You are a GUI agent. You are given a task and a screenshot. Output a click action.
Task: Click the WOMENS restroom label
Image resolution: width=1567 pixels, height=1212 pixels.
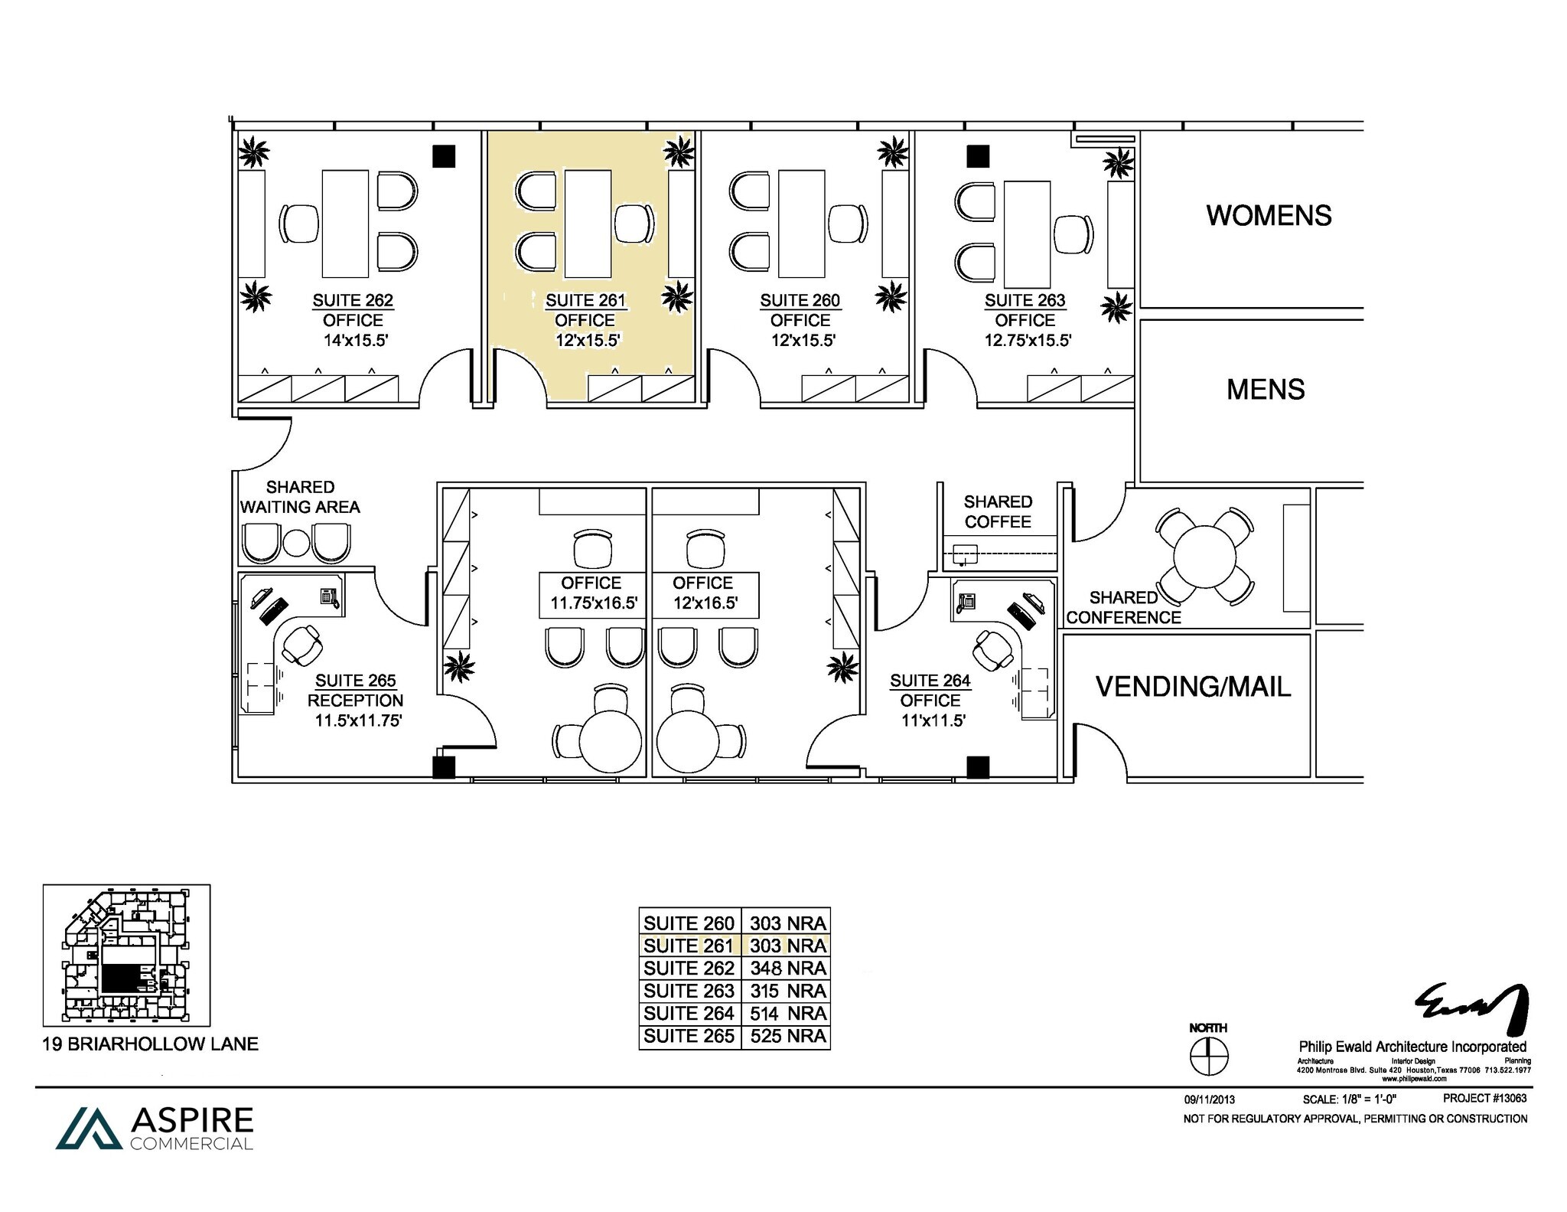pyautogui.click(x=1269, y=215)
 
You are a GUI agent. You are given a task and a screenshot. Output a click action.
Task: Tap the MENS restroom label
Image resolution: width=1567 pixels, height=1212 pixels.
pyautogui.click(x=1266, y=390)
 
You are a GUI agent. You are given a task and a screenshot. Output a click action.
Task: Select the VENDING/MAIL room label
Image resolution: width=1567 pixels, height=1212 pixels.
pyautogui.click(x=1193, y=686)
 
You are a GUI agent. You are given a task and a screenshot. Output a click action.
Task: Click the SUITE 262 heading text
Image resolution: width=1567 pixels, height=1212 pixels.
pyautogui.click(x=353, y=300)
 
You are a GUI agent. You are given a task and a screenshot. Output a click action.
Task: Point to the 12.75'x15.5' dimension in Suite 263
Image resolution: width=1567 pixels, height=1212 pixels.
pyautogui.click(x=1027, y=340)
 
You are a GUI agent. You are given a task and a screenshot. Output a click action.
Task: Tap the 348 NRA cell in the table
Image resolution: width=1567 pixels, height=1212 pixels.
pyautogui.click(x=787, y=968)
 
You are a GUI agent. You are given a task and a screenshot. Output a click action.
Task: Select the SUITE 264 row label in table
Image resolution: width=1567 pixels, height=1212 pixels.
pyautogui.click(x=689, y=1013)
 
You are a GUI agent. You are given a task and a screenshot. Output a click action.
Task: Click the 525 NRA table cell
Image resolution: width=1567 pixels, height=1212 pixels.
pyautogui.click(x=787, y=1036)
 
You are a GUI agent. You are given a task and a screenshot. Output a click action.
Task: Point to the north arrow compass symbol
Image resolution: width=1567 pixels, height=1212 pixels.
pyautogui.click(x=1209, y=1057)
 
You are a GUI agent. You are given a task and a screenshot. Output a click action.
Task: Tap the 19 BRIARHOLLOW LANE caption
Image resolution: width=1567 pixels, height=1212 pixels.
pyautogui.click(x=150, y=1044)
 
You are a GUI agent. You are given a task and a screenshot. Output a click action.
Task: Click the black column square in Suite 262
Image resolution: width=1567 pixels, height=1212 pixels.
pyautogui.click(x=444, y=156)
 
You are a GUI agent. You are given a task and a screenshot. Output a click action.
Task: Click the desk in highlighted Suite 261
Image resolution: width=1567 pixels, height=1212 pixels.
pyautogui.click(x=588, y=224)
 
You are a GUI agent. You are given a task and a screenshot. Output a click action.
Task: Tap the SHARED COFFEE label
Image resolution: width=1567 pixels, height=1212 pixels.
pyautogui.click(x=998, y=511)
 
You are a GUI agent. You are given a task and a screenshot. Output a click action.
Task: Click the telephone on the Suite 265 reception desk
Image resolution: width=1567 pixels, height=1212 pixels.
pyautogui.click(x=330, y=596)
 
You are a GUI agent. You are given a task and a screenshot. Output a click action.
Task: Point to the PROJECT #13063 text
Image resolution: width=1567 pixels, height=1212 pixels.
pyautogui.click(x=1484, y=1098)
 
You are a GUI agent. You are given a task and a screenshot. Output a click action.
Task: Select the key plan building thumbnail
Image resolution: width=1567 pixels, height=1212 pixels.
pyautogui.click(x=126, y=955)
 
